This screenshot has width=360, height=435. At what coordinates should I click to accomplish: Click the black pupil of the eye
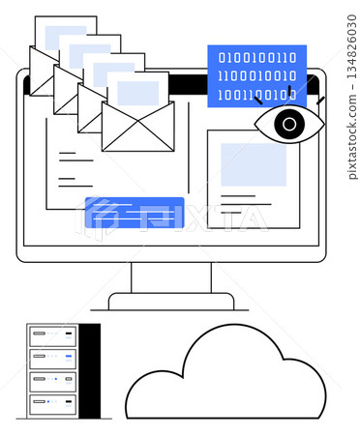pos(288,124)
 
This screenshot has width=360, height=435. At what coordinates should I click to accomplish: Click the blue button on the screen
pos(135,212)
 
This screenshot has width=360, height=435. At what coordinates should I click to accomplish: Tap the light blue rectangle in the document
pos(254,163)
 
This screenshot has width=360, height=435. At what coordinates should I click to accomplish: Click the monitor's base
pos(171,302)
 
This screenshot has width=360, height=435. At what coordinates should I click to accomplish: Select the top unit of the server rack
pos(52,336)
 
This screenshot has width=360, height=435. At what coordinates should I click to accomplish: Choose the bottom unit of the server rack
pos(52,400)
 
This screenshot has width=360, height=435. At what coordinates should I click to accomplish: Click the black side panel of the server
pos(90,371)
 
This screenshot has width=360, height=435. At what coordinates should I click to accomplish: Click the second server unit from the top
pos(52,358)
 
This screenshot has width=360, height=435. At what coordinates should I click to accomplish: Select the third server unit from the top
pos(52,379)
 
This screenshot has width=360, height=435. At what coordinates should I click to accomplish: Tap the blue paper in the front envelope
pos(138,92)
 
